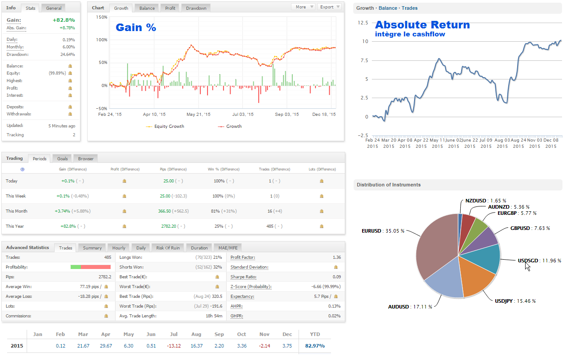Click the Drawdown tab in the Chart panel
(196, 8)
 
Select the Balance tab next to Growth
(147, 8)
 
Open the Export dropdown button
(329, 7)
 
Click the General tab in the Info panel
(54, 8)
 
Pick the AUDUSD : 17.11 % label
(410, 307)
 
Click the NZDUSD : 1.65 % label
(486, 201)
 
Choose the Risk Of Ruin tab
(168, 248)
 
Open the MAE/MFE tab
(227, 248)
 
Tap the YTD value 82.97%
(315, 346)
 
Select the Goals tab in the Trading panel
(62, 158)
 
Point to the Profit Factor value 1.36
(336, 257)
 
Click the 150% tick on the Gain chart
(102, 17)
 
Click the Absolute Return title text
(422, 25)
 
